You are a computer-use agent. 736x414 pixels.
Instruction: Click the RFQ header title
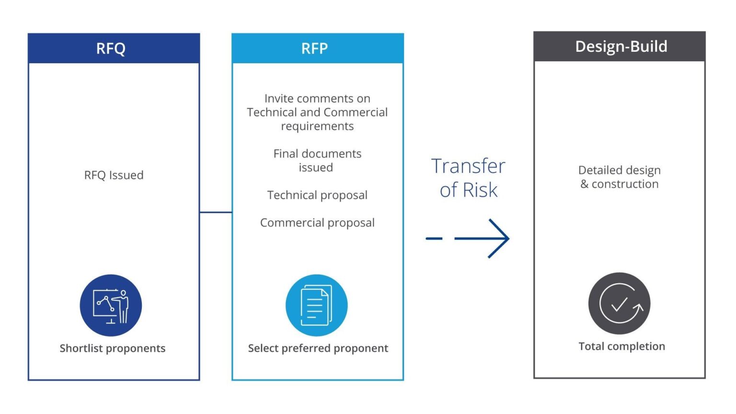click(x=111, y=48)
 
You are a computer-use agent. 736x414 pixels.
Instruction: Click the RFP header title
click(x=314, y=48)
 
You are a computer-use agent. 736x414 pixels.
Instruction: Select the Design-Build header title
click(x=621, y=46)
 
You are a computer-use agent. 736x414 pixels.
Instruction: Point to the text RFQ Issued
click(x=114, y=175)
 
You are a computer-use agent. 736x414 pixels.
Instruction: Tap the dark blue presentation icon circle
click(x=111, y=305)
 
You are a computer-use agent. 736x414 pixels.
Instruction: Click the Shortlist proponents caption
click(x=112, y=348)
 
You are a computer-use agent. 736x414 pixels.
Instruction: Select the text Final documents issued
click(x=317, y=161)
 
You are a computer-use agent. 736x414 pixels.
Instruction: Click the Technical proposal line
click(x=317, y=195)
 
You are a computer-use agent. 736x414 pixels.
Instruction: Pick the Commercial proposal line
click(x=317, y=223)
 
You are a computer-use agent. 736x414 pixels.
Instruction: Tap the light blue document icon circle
click(x=316, y=305)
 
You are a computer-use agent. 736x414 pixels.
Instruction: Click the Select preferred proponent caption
click(x=318, y=348)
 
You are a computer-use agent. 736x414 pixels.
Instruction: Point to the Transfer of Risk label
click(x=468, y=178)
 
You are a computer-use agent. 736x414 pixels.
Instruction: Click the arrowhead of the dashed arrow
click(x=501, y=238)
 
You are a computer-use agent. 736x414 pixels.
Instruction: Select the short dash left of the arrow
click(x=434, y=238)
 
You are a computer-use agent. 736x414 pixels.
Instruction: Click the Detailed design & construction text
click(x=619, y=177)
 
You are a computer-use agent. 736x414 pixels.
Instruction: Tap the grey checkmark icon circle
click(x=619, y=303)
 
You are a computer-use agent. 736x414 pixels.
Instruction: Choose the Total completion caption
click(x=621, y=346)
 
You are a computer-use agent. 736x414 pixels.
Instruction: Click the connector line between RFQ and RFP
click(x=216, y=212)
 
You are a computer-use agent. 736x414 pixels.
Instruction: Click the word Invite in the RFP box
click(x=279, y=99)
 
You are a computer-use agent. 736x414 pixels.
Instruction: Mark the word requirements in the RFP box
click(x=317, y=126)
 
